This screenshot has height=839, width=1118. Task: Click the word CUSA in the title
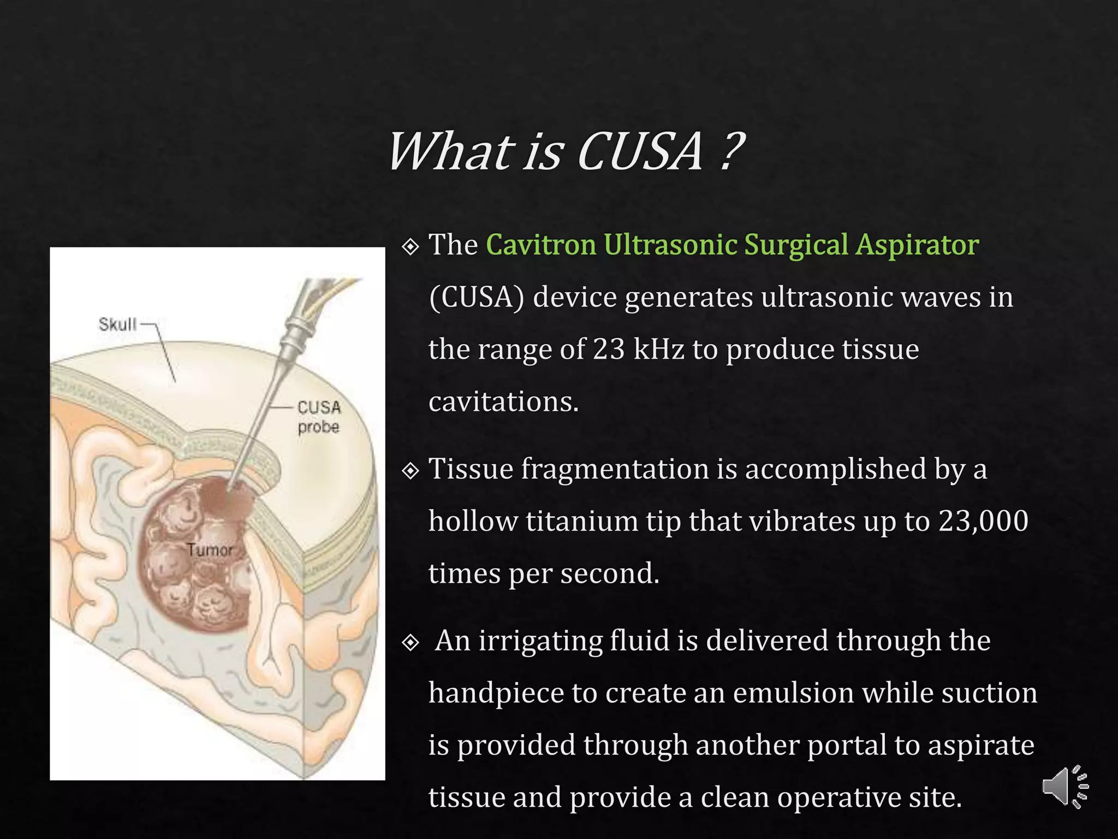tap(640, 152)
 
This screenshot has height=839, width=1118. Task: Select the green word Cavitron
tap(540, 244)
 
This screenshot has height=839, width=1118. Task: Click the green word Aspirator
tap(917, 245)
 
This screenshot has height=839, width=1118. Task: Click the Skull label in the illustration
tap(117, 324)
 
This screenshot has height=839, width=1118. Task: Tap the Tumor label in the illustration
tap(210, 550)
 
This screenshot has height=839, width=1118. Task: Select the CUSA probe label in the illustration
tap(319, 417)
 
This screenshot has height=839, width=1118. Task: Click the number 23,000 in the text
tap(983, 521)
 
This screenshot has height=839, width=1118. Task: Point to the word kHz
tap(658, 349)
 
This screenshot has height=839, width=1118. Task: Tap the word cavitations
tap(503, 401)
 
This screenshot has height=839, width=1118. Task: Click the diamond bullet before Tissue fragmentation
tap(411, 470)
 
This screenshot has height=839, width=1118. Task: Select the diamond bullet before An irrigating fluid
tap(411, 642)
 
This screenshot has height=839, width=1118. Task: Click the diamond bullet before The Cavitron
tap(411, 246)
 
